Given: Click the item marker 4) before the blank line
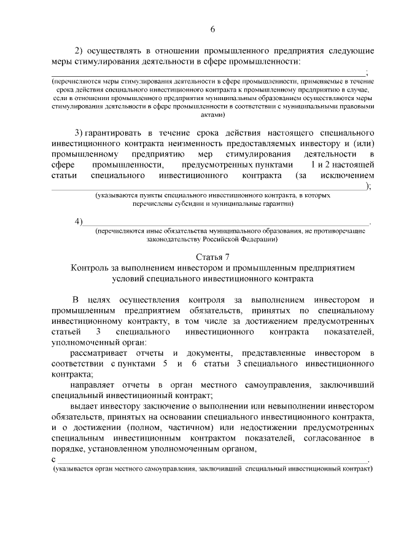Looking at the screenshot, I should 78,221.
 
